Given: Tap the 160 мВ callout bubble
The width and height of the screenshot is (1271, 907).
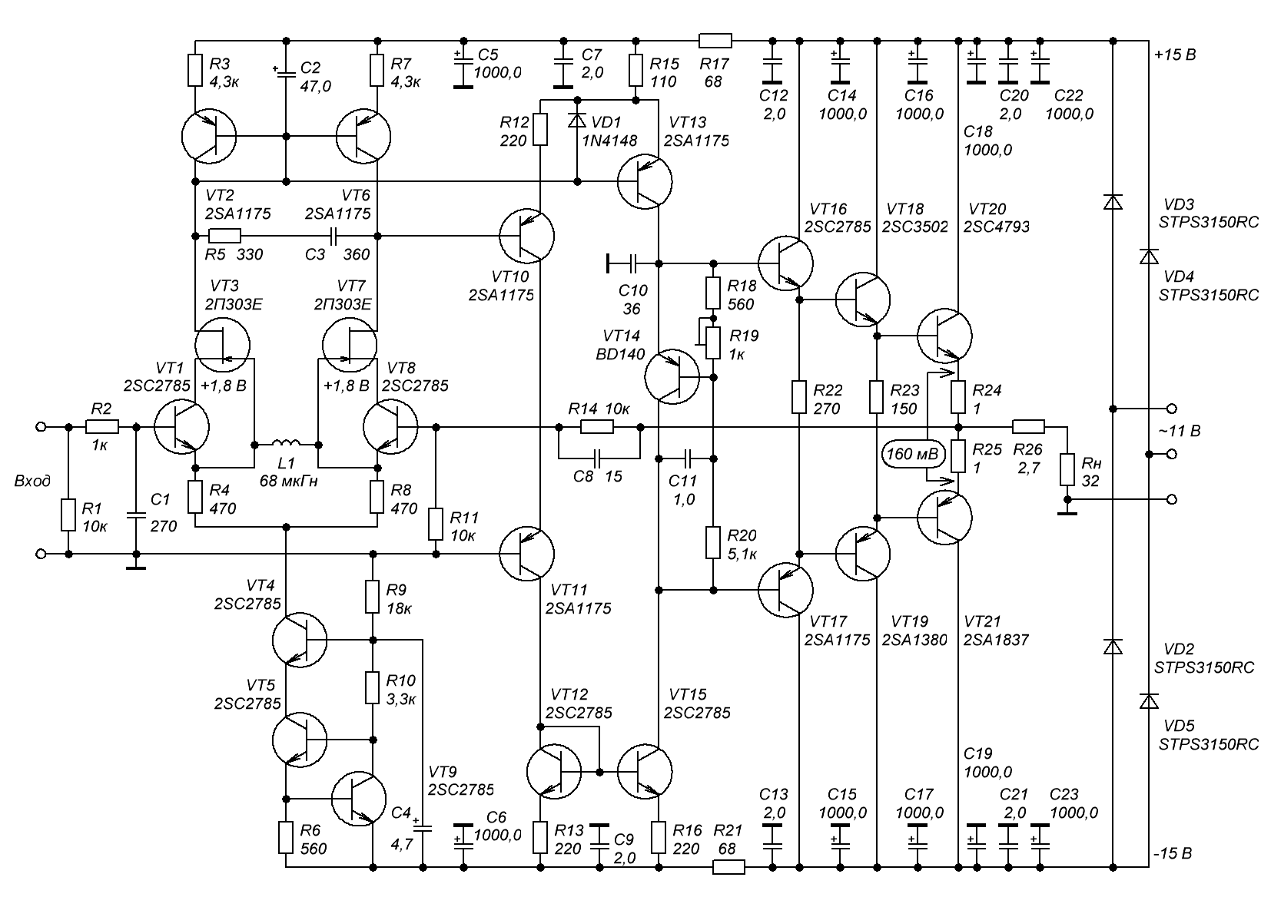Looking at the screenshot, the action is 913,454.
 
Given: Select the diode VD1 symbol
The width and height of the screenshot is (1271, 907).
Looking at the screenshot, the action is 577,120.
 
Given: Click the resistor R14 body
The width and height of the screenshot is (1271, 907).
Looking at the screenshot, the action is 597,426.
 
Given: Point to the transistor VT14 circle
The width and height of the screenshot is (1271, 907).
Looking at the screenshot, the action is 672,377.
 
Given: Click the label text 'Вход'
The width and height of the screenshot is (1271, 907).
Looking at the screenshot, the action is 32,482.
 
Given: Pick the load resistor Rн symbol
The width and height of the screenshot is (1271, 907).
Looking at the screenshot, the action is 1067,469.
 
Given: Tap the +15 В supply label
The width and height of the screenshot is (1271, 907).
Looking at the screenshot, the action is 1175,55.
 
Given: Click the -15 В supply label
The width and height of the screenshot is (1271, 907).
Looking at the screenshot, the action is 1173,853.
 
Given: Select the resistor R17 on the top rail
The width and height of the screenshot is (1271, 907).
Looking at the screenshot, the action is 715,41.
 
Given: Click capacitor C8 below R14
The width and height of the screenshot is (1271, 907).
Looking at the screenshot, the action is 597,458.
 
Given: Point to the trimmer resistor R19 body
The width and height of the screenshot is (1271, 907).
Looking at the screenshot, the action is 713,343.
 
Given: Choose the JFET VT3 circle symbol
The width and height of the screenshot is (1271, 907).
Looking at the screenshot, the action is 222,346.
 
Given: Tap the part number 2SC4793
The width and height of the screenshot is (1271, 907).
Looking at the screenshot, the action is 997,227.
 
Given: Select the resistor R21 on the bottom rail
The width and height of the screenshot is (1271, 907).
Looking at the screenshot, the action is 728,867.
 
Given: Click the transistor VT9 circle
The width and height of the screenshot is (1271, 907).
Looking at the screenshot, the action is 359,799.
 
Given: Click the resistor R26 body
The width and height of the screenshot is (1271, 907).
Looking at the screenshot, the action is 1028,426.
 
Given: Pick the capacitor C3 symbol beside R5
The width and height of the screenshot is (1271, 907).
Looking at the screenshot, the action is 334,236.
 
